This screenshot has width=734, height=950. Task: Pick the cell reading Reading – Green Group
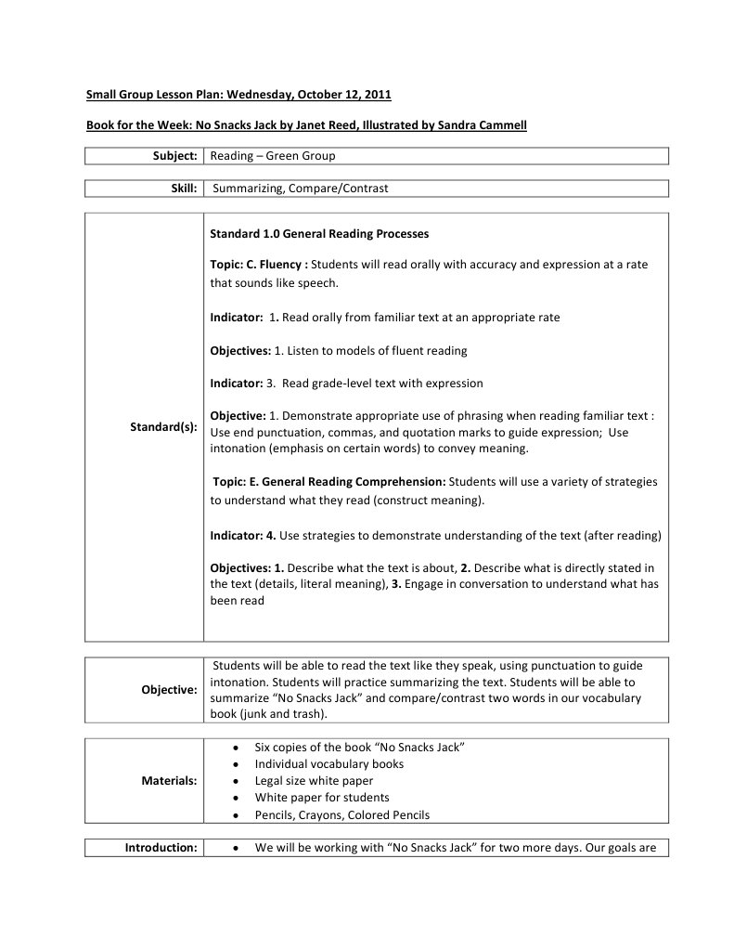[x=273, y=156]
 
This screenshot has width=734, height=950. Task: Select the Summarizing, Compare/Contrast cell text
[x=301, y=189]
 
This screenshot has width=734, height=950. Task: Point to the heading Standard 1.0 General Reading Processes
[x=319, y=234]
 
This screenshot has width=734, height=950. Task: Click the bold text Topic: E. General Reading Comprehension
[x=329, y=482]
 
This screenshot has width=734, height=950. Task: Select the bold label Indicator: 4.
[x=243, y=536]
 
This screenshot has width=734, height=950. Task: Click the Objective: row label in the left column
[x=169, y=691]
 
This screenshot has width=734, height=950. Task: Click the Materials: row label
[x=169, y=781]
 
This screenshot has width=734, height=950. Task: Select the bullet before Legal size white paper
[x=239, y=781]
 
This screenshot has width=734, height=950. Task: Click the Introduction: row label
[x=161, y=848]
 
